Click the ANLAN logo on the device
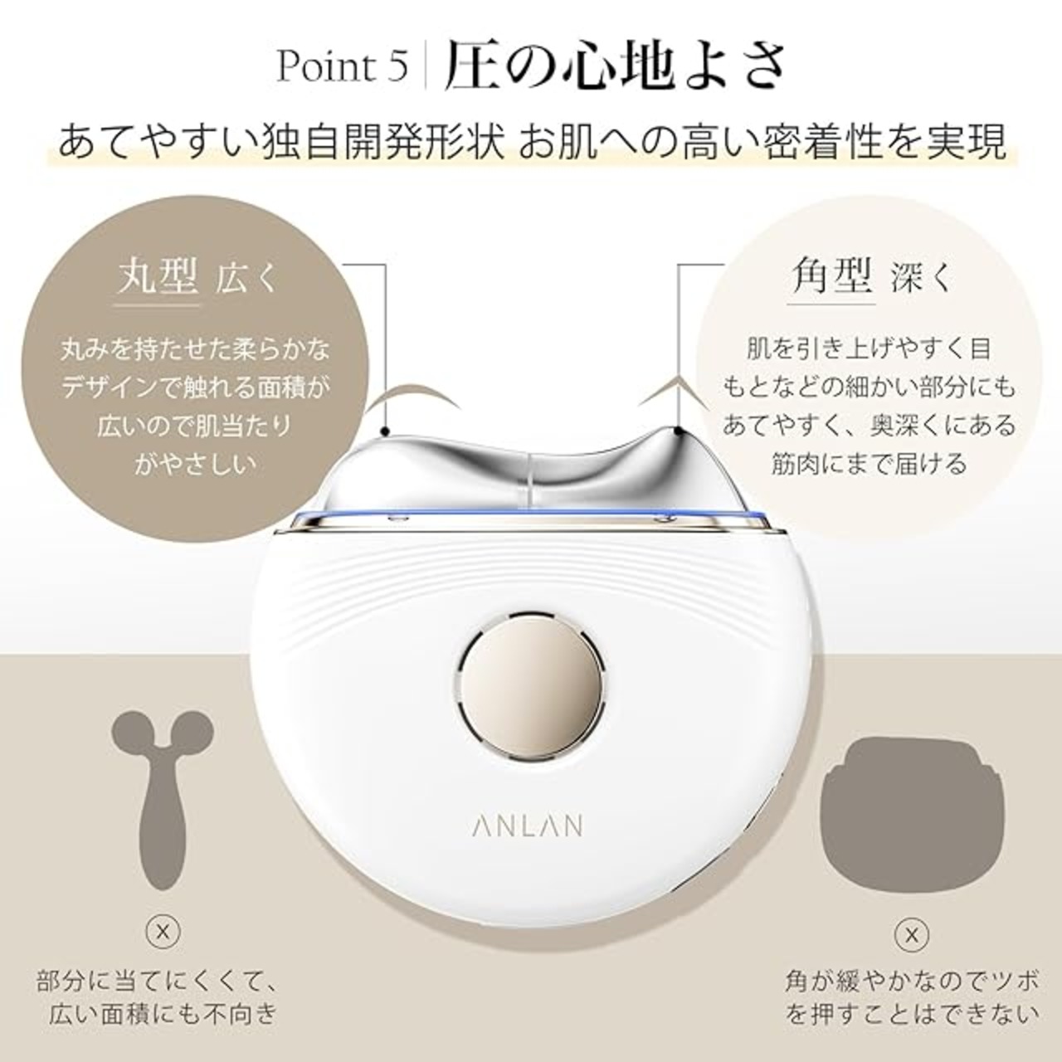[x=527, y=826]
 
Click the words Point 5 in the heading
[x=342, y=66]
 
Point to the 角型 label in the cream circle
[x=831, y=275]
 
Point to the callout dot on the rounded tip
[x=385, y=431]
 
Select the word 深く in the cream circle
[x=922, y=278]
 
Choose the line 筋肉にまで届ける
[x=869, y=464]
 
